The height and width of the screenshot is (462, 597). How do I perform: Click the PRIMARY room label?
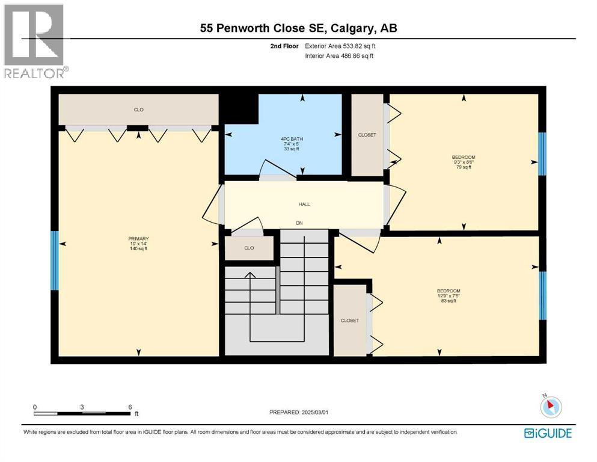pos(138,238)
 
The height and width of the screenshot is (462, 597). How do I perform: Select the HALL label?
pos(304,205)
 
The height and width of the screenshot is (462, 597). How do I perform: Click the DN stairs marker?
pos(298,223)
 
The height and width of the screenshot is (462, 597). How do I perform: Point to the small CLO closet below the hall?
pos(249,248)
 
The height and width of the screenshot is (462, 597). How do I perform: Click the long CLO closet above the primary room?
pos(138,109)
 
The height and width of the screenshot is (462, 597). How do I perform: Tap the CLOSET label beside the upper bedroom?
pos(367,135)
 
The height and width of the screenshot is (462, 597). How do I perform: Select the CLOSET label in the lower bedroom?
pos(349,321)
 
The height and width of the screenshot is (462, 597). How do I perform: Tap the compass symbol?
pos(551,407)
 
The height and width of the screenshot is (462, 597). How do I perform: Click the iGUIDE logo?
pos(548,433)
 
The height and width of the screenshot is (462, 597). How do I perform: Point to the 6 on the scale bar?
pos(129,407)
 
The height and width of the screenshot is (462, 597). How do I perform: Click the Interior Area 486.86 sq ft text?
pos(339,56)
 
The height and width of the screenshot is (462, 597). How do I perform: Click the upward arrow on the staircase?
pos(250,276)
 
